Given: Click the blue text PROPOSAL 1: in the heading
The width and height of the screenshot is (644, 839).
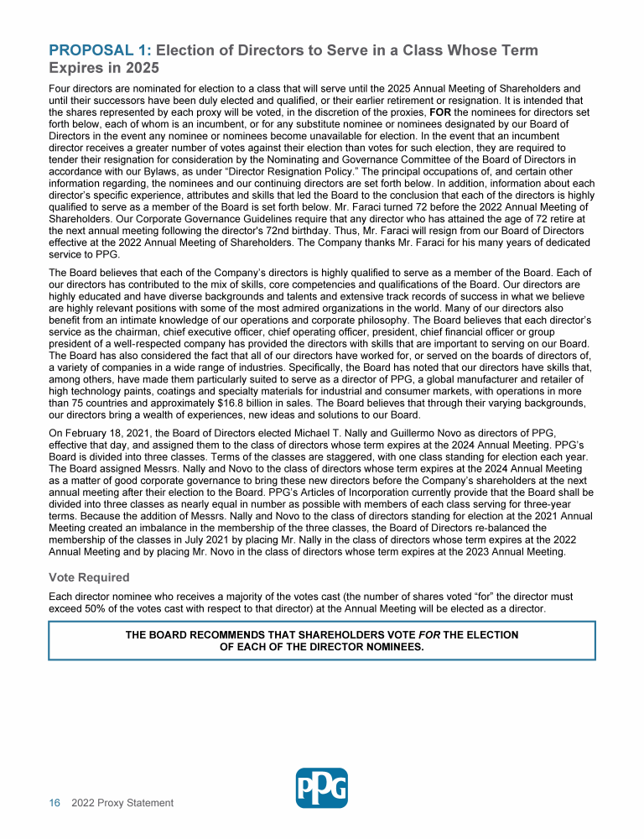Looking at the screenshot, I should (x=101, y=50).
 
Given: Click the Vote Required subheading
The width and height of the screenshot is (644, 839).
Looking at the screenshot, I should (x=89, y=578).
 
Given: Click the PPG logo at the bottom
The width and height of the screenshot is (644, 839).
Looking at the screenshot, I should (x=322, y=788).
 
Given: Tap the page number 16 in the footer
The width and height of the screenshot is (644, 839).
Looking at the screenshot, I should (x=55, y=803).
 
